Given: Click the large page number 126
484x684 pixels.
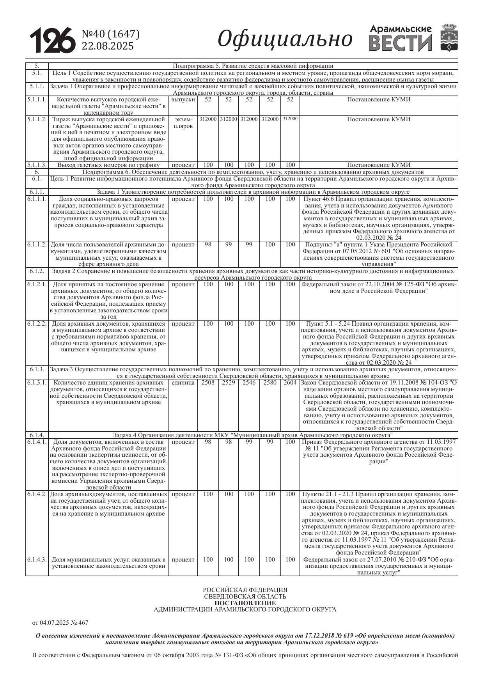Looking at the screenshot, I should (x=52, y=40).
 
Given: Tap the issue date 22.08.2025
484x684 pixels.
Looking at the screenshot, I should (x=107, y=46).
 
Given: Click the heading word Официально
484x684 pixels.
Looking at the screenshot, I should (x=285, y=39).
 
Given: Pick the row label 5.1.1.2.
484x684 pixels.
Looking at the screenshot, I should (x=37, y=119).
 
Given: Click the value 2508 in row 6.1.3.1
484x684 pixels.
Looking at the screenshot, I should (x=208, y=383).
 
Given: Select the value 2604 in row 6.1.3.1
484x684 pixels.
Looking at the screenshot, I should (x=290, y=383).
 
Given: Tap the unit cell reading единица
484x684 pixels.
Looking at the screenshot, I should (x=183, y=383).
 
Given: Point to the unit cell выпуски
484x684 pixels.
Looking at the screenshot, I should (x=183, y=99).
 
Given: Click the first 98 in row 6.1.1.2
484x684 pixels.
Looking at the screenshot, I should (x=208, y=245).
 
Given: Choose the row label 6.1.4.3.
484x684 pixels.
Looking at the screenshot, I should (x=37, y=560).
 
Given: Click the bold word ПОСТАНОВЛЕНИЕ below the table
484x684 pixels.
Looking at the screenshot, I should (x=245, y=603).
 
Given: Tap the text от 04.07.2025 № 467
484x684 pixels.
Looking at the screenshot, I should (x=60, y=623).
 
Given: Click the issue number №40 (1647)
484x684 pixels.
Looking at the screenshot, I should (x=110, y=34).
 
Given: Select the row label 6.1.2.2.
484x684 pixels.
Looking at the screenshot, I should (x=37, y=324).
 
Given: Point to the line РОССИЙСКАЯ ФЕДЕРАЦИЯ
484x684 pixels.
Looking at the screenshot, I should (x=245, y=590).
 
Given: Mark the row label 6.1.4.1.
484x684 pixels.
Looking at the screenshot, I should (x=37, y=442).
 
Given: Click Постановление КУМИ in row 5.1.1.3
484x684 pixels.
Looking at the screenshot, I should (x=379, y=165).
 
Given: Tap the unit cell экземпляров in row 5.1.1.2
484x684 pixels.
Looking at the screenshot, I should (x=183, y=122).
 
